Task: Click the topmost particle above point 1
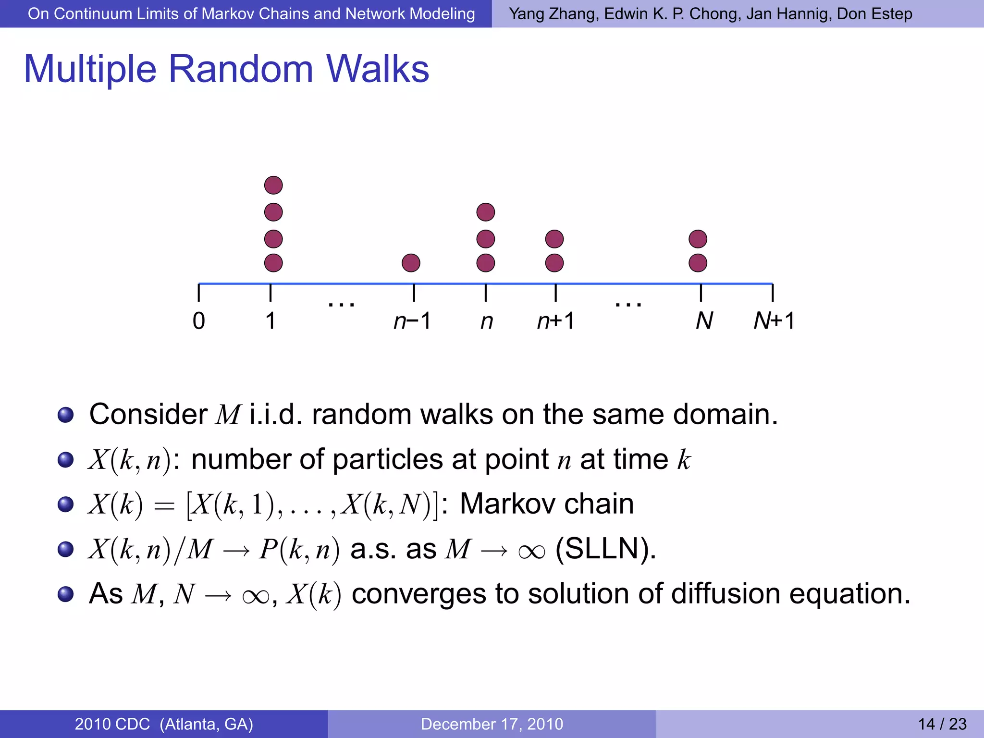[x=273, y=185]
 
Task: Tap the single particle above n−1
[x=411, y=263]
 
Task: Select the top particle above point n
[x=486, y=212]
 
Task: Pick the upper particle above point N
[x=698, y=239]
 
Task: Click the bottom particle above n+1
[x=554, y=263]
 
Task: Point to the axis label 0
[x=198, y=321]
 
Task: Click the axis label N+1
[x=774, y=321]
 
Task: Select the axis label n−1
[x=412, y=321]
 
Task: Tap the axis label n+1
[x=555, y=321]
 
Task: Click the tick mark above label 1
[x=271, y=293]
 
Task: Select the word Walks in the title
[x=378, y=69]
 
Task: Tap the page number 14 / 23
[x=942, y=724]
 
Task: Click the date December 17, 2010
[x=492, y=724]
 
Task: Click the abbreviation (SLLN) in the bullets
[x=605, y=549]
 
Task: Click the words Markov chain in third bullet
[x=547, y=504]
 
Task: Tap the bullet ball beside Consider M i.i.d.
[x=65, y=415]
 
